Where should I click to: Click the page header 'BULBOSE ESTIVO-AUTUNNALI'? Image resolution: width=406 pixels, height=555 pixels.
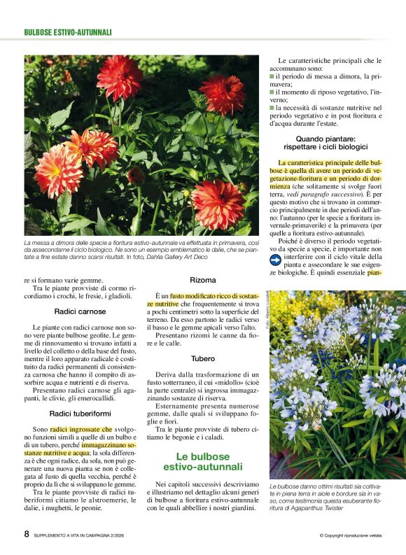pos(68,32)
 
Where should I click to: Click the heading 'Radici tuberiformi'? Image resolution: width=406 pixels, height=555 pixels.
pos(79,414)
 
